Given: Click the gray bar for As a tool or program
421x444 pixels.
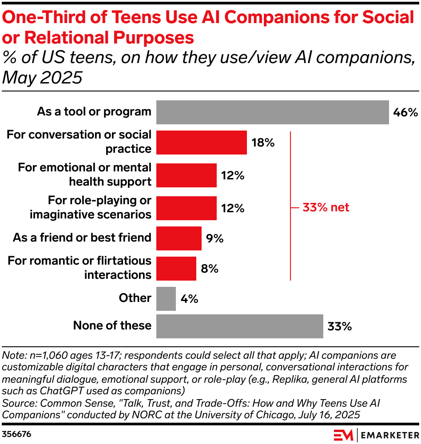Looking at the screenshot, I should point(272,112).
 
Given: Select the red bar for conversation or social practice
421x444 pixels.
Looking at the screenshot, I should point(201,143).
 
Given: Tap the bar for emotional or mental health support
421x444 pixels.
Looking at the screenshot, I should point(186,175).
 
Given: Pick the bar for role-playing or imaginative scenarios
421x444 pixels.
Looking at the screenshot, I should point(186,208).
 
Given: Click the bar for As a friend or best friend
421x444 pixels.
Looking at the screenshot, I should point(179,238).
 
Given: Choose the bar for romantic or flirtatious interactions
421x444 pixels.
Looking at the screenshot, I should point(176,269).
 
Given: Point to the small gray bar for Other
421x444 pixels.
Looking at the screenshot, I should point(166,298).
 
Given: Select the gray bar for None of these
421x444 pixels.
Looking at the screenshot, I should point(239,326).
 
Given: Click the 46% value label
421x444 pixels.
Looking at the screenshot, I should point(405,112).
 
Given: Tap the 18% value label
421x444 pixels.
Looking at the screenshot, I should point(263,143).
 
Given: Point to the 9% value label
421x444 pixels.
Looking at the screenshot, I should point(214,238).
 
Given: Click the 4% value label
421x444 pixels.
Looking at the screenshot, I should point(189,298).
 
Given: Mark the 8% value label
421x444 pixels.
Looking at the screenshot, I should point(209,269).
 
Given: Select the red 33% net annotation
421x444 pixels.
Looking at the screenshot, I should point(326,207).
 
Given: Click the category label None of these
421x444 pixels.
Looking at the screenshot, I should point(112,325).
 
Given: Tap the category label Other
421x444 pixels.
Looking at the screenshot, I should point(135,298).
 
